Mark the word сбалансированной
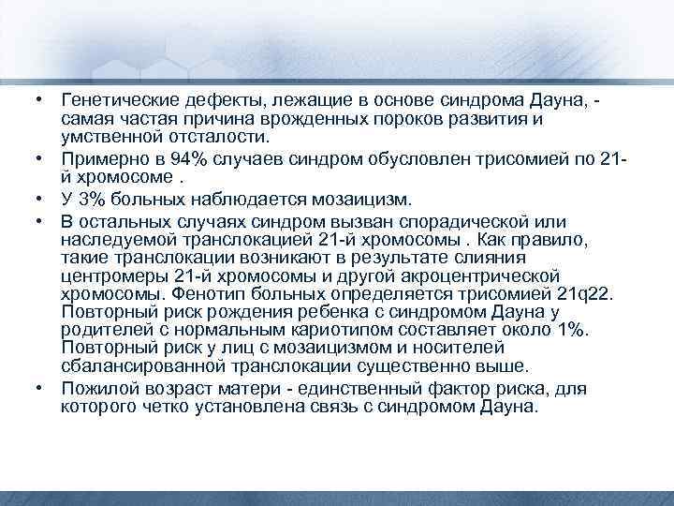130,365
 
